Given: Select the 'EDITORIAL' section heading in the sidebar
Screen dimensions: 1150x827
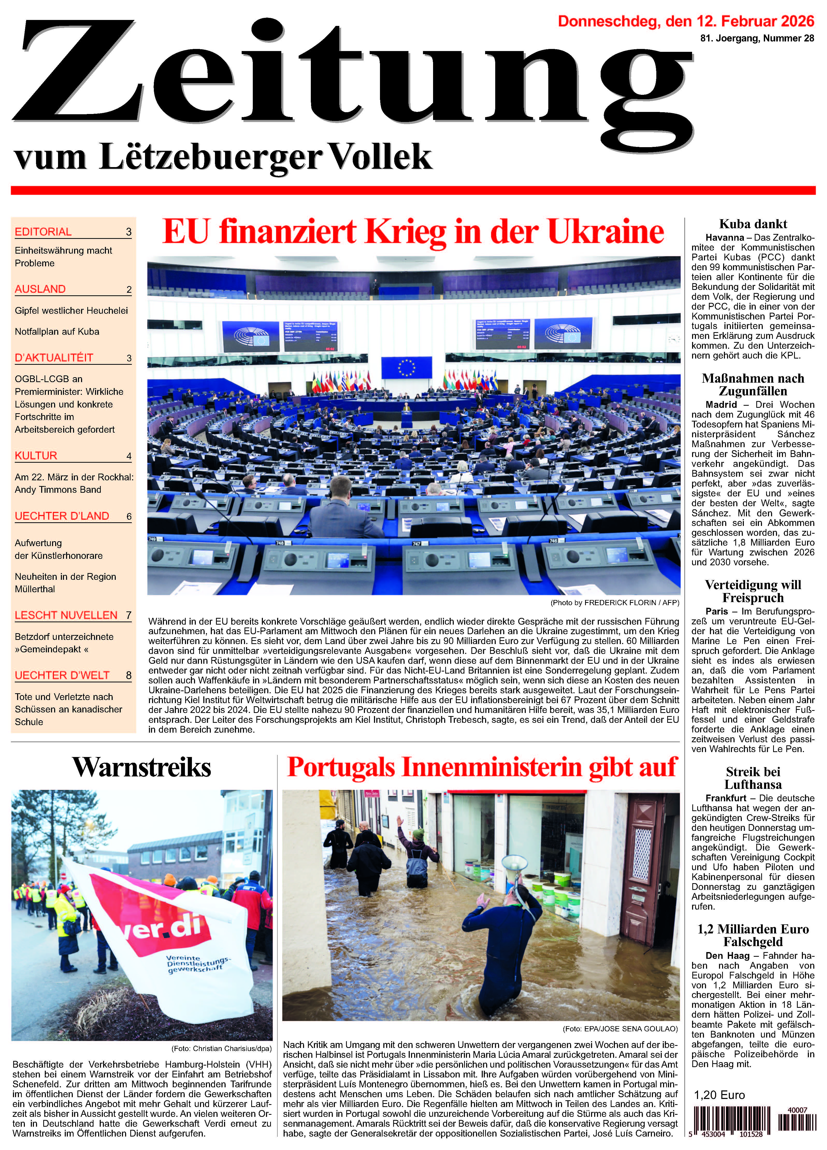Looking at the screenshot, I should pyautogui.click(x=43, y=232).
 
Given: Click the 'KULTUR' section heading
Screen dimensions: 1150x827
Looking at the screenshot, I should pyautogui.click(x=36, y=455).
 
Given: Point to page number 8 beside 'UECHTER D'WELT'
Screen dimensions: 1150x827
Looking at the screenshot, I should pyautogui.click(x=129, y=675).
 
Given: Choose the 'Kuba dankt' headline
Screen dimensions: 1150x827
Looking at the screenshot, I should pyautogui.click(x=753, y=224).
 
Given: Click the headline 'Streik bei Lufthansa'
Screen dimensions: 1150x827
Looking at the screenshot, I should pyautogui.click(x=753, y=778).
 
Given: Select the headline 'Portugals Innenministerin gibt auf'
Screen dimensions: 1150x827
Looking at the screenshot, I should pyautogui.click(x=482, y=767).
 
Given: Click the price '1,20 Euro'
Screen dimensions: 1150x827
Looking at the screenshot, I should pyautogui.click(x=719, y=1095).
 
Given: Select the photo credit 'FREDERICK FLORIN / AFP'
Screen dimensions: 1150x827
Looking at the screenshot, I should pyautogui.click(x=631, y=602).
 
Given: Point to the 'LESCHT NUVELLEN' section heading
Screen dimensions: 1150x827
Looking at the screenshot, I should pyautogui.click(x=66, y=615).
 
